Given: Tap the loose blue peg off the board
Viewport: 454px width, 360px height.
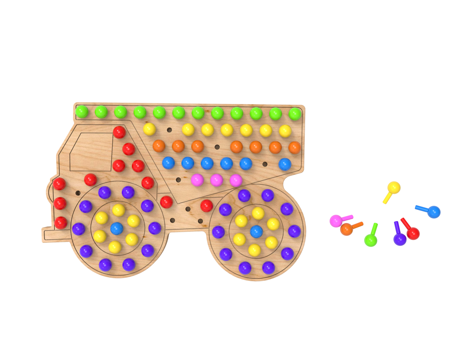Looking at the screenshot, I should pos(434,211).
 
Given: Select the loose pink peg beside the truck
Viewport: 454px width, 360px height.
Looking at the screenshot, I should pos(336,221).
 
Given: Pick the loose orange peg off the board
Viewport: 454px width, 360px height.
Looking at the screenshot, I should pos(347,229).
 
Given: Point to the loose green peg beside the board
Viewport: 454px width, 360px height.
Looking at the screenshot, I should pos(371,240).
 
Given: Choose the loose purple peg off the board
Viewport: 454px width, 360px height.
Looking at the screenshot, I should pos(399,239).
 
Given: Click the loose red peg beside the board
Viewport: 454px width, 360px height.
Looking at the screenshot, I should pos(413,233).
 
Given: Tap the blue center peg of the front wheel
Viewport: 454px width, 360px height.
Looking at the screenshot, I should pos(117,228).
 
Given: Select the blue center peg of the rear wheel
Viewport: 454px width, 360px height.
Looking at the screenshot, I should pos(256,232).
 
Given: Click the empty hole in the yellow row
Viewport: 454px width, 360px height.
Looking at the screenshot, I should pos(169,129).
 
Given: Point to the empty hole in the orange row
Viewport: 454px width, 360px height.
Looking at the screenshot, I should pos(217,147).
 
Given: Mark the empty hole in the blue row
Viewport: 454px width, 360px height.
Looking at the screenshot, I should pos(265,164).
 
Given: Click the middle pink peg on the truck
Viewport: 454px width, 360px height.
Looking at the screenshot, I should pos(216,180).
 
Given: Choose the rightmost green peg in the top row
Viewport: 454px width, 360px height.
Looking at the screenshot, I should pos(295,113).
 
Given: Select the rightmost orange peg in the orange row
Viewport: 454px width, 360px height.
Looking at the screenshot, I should pos(294,147).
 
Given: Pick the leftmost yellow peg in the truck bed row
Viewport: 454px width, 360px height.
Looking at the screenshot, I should pos(149,129).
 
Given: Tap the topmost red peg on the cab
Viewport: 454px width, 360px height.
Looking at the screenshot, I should pos(119,132).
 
